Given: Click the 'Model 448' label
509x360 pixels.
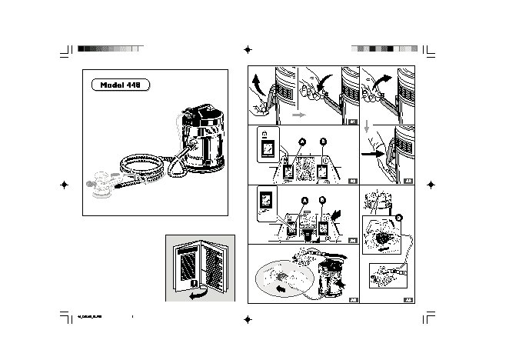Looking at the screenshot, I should click(x=121, y=85).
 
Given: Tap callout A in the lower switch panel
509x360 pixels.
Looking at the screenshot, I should click(x=303, y=201).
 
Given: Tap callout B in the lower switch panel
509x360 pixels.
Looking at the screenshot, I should click(x=323, y=202).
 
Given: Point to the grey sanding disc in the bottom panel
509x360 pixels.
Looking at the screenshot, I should click(x=284, y=277).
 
